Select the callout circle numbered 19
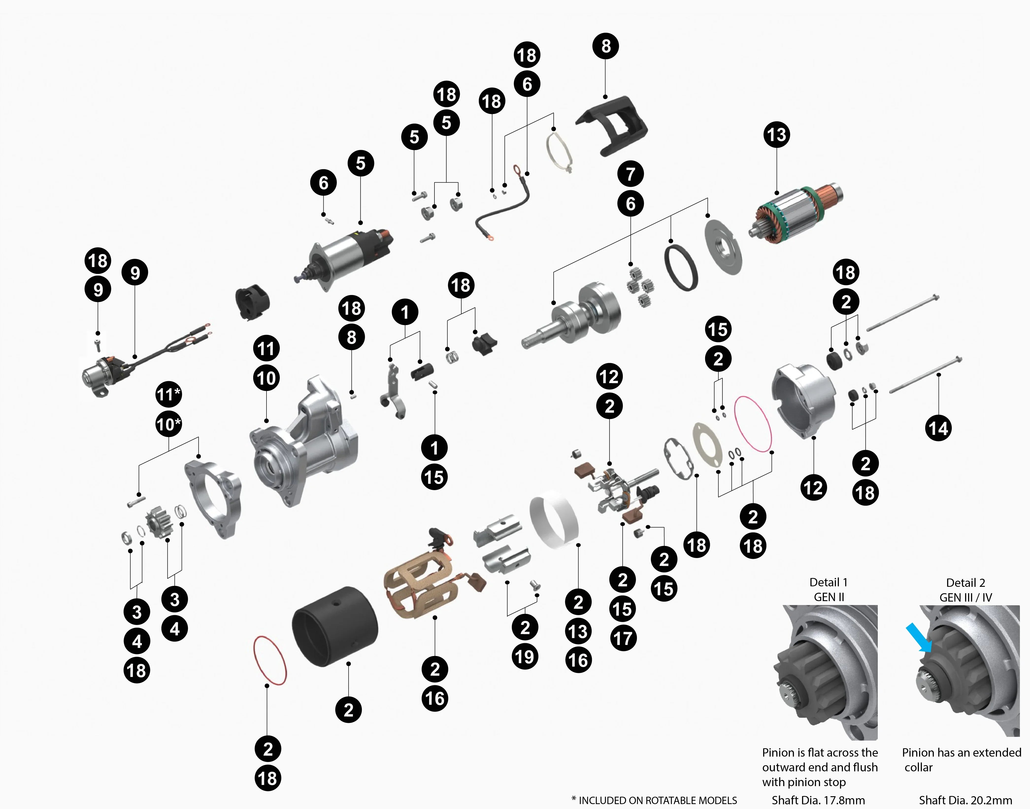point(525,657)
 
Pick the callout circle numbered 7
point(631,174)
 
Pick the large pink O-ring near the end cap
point(753,424)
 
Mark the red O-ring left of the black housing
point(270,660)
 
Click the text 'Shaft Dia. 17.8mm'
point(818,800)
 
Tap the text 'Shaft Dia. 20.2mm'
point(965,800)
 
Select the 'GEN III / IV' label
point(965,597)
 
